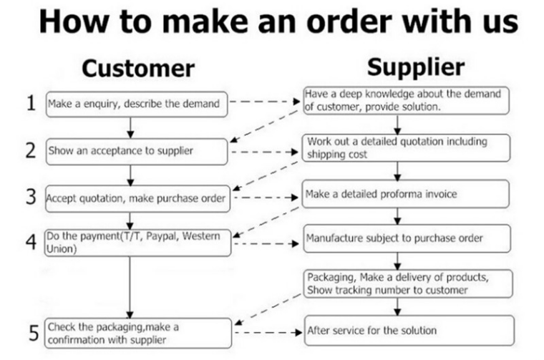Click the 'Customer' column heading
pyautogui.click(x=138, y=69)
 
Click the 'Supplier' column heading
pyautogui.click(x=416, y=67)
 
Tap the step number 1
pyautogui.click(x=31, y=103)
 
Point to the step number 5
pyautogui.click(x=33, y=333)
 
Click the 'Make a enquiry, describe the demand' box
pyautogui.click(x=137, y=104)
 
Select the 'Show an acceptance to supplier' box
pyautogui.click(x=137, y=150)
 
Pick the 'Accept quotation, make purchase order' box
pyautogui.click(x=137, y=198)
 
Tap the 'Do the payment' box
pyautogui.click(x=137, y=242)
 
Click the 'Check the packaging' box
pyautogui.click(x=137, y=333)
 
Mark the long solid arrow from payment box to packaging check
pyautogui.click(x=130, y=286)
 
